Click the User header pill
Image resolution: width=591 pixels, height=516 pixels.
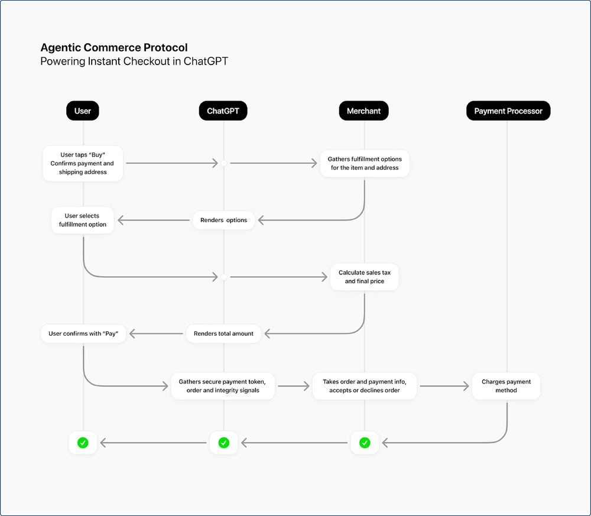83,111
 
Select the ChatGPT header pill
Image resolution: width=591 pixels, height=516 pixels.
223,111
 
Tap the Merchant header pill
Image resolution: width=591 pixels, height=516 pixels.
363,111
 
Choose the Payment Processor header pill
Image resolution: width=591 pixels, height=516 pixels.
508,111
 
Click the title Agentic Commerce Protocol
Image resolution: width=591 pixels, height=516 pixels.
114,48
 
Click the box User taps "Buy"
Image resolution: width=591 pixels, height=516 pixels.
83,163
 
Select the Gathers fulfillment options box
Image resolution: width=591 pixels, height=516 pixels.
364,163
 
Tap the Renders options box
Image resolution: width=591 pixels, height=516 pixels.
223,220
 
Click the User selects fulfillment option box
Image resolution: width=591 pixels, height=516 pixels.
83,220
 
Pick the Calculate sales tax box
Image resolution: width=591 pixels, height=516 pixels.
364,277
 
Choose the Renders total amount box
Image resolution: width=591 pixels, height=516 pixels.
223,333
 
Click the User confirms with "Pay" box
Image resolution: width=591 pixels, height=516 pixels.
83,333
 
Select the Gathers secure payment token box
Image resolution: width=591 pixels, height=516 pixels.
223,386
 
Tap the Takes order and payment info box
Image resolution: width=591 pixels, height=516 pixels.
365,386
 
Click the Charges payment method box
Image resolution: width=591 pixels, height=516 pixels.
506,386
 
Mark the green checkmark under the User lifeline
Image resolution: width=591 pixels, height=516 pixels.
83,442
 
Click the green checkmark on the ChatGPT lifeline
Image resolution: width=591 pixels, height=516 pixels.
223,442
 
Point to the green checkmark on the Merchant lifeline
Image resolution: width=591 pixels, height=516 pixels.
365,442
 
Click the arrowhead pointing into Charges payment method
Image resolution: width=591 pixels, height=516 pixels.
466,386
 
